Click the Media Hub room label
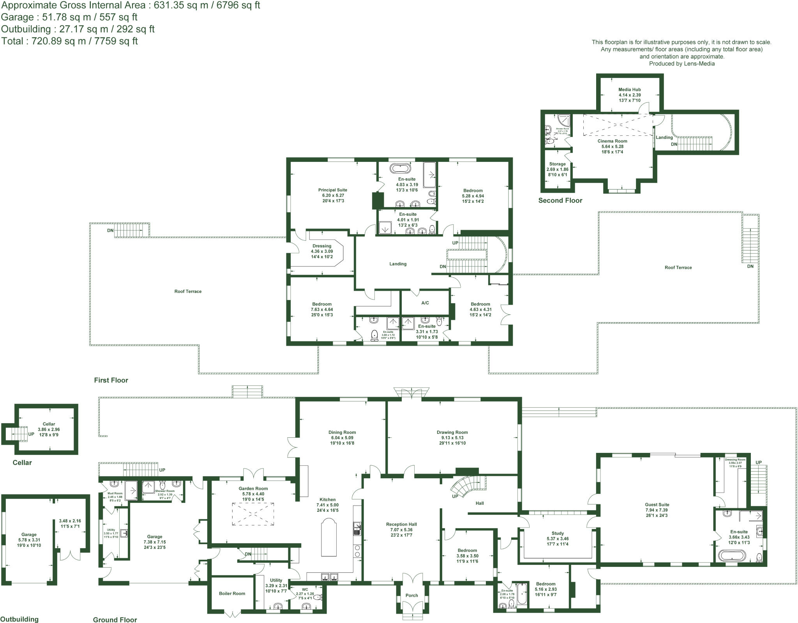(x=629, y=90)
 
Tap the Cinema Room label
(x=612, y=141)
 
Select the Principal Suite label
(x=332, y=190)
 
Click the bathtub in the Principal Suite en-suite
(x=400, y=169)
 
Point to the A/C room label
(x=425, y=303)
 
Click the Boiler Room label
(x=232, y=593)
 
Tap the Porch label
(x=411, y=595)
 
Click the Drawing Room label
(x=452, y=432)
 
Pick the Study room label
(x=558, y=533)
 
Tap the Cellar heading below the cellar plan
(x=22, y=463)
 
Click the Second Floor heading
(x=560, y=201)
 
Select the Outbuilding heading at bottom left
(x=19, y=619)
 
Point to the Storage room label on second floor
(x=557, y=164)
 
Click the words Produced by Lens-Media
(x=681, y=64)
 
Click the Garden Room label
(x=253, y=488)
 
